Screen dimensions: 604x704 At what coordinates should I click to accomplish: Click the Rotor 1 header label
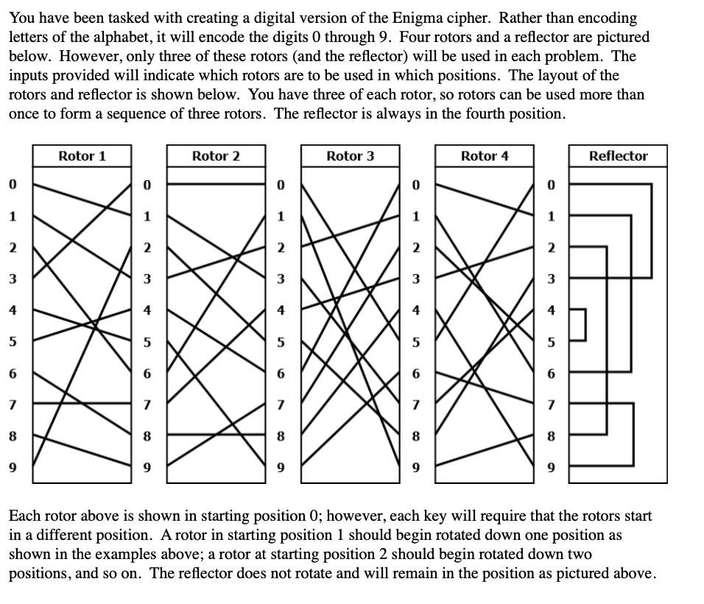pyautogui.click(x=82, y=155)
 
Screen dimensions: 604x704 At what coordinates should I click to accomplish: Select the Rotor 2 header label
pyautogui.click(x=216, y=155)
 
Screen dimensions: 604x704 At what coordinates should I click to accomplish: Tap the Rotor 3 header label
pyautogui.click(x=350, y=155)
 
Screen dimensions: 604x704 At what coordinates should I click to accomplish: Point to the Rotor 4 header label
pyautogui.click(x=485, y=155)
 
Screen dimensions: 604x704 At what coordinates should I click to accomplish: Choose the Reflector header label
pyautogui.click(x=619, y=155)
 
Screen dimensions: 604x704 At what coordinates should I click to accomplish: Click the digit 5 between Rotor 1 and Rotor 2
pyautogui.click(x=147, y=342)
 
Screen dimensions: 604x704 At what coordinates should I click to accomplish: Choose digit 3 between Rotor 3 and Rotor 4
pyautogui.click(x=416, y=279)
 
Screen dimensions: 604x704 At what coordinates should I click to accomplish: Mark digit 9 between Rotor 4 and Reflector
pyautogui.click(x=551, y=466)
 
